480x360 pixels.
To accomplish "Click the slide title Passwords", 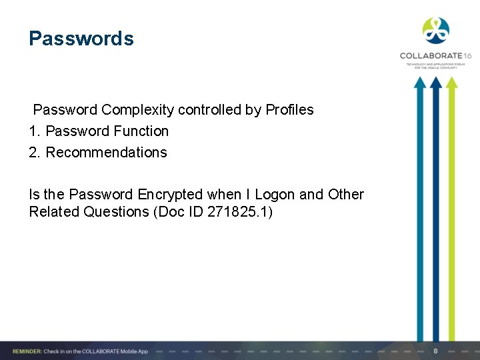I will coord(81,39).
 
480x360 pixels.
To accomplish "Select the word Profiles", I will coord(289,109).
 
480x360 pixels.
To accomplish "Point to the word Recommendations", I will coord(107,153).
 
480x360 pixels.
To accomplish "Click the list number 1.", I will coord(33,131).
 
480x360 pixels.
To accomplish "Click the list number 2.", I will coord(34,153).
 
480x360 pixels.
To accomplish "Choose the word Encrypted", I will coord(170,195).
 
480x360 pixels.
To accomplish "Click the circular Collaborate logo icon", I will coord(436,31).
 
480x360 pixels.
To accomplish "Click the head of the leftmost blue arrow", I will coord(419,83).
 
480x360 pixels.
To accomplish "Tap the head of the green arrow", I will coord(451,83).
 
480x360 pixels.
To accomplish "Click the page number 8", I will coord(435,351).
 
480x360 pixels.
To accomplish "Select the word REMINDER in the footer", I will coord(25,351).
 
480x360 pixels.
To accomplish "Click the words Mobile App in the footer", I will coord(134,351).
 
